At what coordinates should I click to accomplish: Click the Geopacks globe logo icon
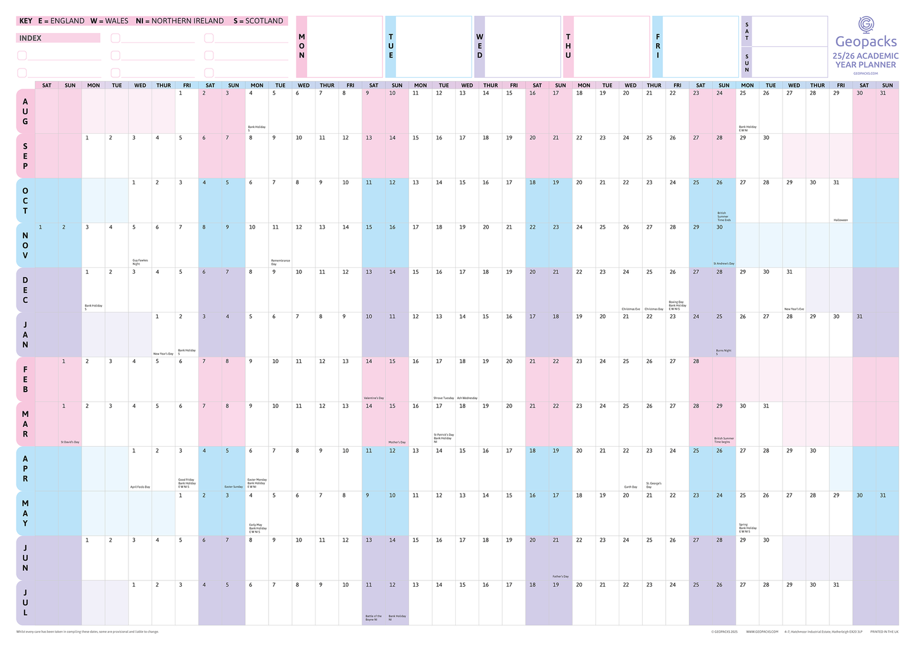coord(866,25)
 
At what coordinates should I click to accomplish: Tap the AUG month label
coord(25,111)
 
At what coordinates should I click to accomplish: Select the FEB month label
coord(25,379)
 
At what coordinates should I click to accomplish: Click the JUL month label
coord(25,603)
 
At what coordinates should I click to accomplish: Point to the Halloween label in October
coord(840,220)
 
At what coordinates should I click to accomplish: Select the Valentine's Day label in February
coord(373,398)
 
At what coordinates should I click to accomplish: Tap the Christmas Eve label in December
coord(630,309)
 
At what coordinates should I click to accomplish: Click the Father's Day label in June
coord(560,577)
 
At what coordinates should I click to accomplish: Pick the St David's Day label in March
coord(70,442)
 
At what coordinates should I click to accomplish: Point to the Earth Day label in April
coord(630,487)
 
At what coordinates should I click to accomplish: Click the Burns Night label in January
coord(723,352)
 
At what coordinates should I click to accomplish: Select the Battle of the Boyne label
coord(373,617)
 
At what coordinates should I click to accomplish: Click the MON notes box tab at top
coord(301,46)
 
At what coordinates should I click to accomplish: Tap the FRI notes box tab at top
coord(657,46)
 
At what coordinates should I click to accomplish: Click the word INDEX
coord(30,38)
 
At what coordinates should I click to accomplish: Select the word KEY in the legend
coord(26,21)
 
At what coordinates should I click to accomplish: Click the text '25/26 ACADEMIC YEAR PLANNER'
coord(866,60)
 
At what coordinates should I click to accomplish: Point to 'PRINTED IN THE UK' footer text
coord(884,632)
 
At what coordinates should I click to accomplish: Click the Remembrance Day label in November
coord(280,262)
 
